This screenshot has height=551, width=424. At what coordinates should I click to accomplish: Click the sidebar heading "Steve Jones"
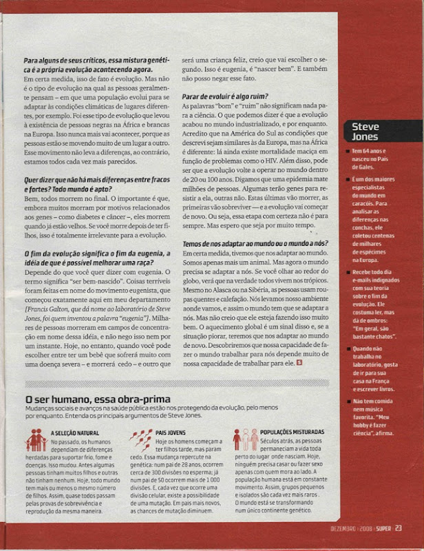pos(365,132)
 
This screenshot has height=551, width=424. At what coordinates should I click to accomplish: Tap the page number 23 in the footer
pos(399,529)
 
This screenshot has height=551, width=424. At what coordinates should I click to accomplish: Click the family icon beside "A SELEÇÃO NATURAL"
pos(36,439)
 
